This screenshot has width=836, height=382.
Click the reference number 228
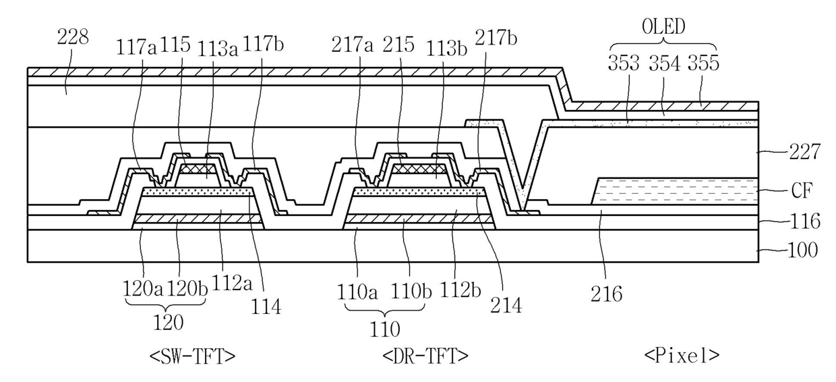72,38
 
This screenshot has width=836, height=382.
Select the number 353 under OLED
624,63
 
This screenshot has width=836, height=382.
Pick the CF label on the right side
800,191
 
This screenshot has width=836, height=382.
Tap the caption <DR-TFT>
425,355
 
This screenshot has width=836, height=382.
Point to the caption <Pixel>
682,355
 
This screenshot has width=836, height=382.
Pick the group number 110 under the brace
384,329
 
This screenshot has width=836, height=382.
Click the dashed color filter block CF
674,191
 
